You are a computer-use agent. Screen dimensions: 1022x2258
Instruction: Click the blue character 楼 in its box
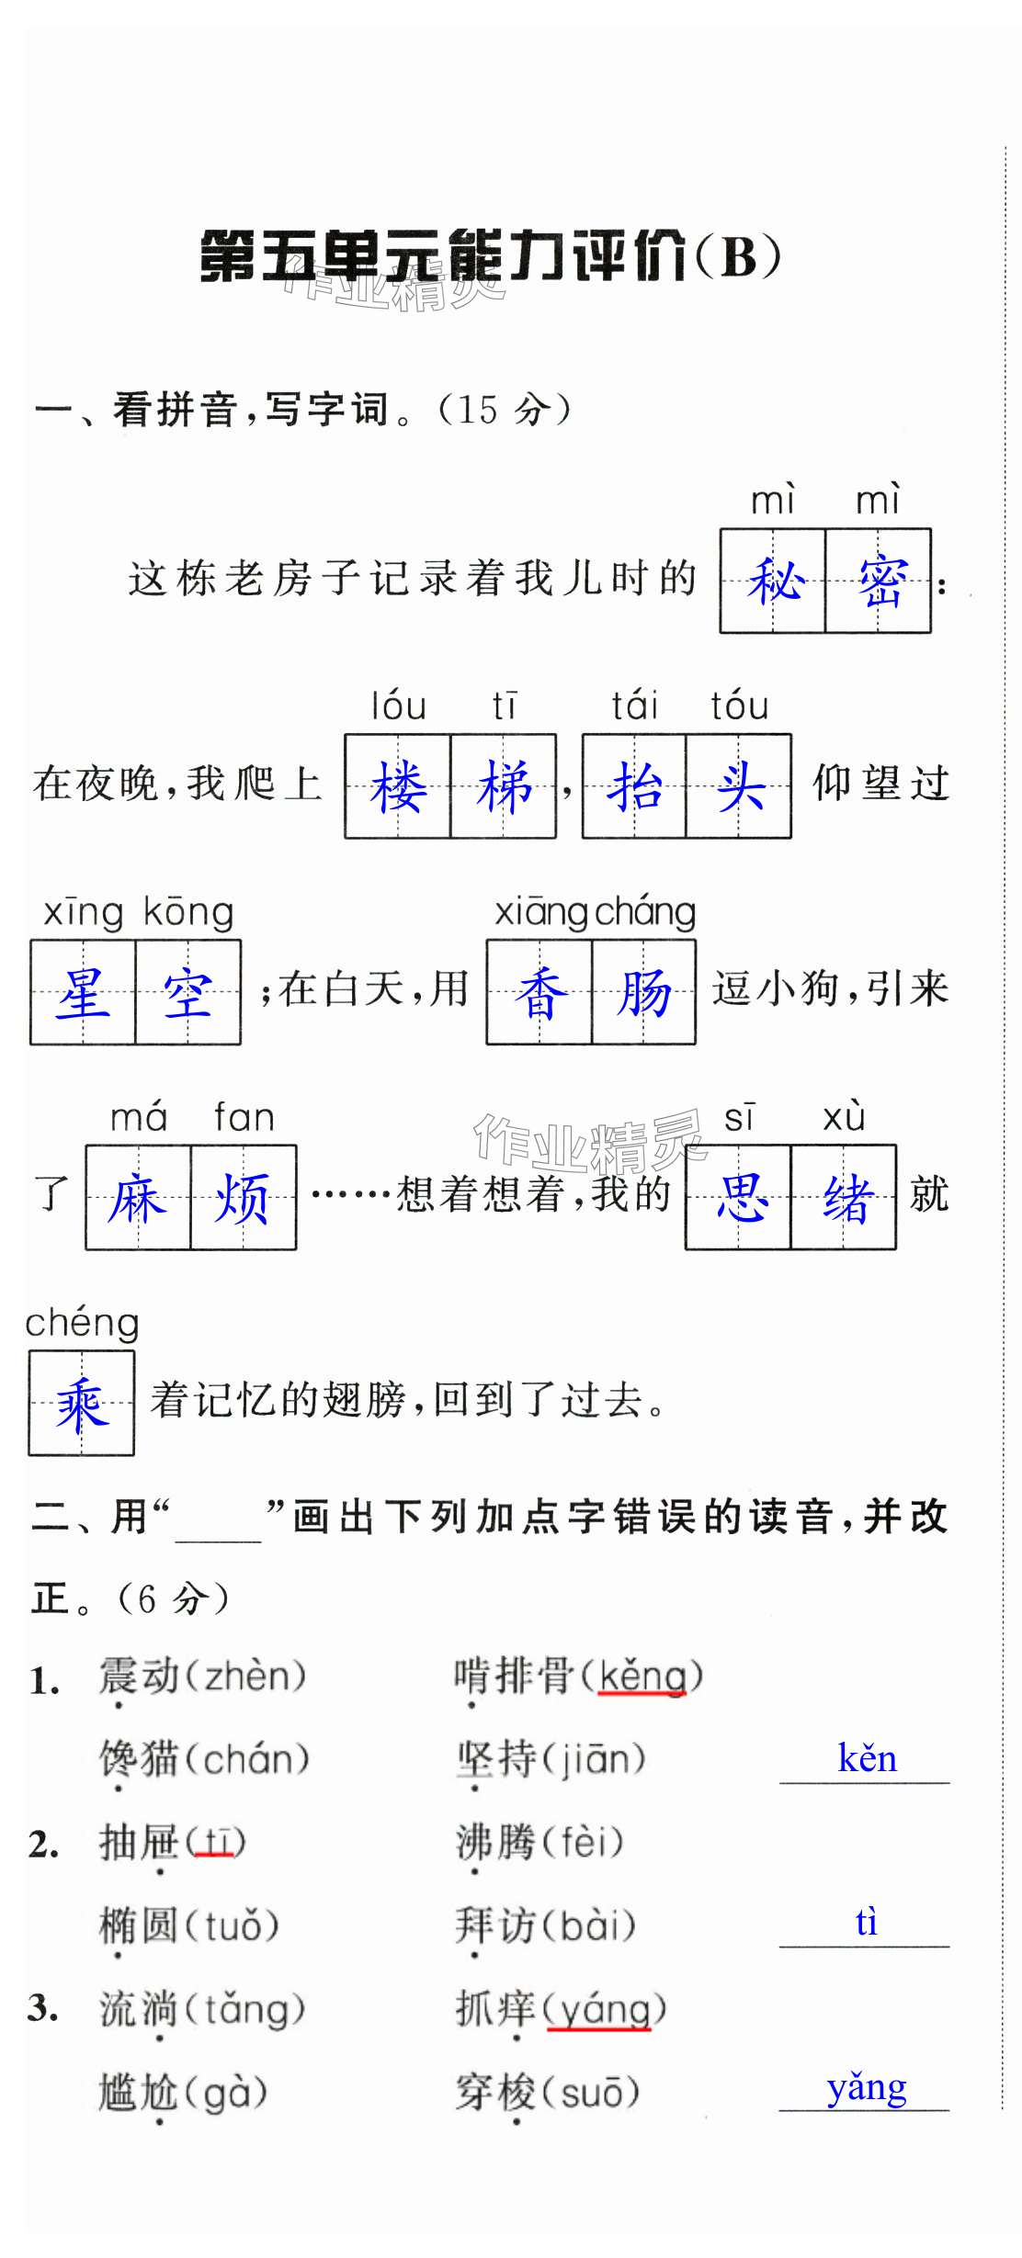398,787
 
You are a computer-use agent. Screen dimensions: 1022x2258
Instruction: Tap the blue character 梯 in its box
504,787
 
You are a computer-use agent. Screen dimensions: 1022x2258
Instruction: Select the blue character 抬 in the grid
635,787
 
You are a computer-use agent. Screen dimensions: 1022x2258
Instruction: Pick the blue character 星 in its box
83,993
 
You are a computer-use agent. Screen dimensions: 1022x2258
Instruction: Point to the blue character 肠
643,993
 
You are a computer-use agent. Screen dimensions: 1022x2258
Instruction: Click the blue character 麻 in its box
138,1199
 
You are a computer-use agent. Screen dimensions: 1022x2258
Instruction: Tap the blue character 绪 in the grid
844,1199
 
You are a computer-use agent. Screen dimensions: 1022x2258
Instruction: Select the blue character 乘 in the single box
82,1404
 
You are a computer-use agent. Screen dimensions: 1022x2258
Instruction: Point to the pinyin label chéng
82,1324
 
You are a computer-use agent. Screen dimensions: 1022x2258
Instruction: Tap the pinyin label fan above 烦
244,1118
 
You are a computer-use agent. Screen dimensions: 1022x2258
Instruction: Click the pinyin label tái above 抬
635,706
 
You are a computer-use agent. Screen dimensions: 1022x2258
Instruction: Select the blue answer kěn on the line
867,1758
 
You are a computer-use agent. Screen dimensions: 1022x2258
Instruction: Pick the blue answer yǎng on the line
867,2087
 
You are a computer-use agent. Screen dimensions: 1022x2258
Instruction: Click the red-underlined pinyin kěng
642,1677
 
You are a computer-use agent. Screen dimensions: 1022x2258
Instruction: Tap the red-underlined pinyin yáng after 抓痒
599,2010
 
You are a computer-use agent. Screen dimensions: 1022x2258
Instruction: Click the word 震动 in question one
139,1677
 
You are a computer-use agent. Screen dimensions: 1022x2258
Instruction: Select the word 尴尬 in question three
139,2094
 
